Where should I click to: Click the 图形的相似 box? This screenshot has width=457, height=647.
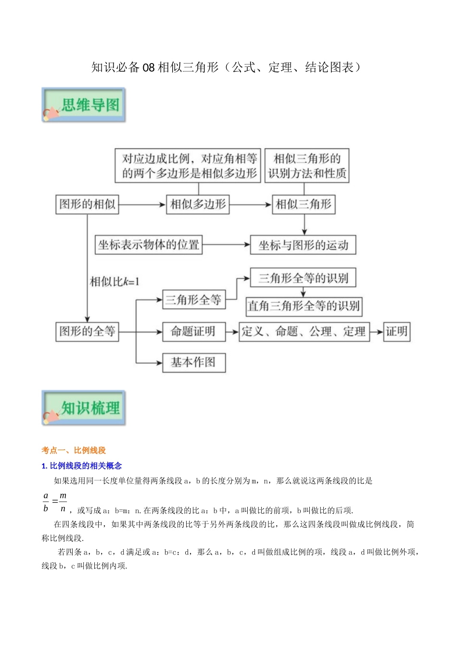pos(87,204)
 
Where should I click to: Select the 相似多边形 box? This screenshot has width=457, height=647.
pos(198,204)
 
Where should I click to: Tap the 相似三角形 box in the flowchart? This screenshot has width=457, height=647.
pos(304,204)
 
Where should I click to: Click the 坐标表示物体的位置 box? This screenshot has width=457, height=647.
pos(148,245)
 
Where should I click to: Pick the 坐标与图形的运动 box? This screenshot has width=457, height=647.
pos(303,245)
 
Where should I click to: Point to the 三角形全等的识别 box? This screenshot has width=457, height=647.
pos(303,278)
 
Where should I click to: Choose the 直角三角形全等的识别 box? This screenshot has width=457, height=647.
pos(303,306)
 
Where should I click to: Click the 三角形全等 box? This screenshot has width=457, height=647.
pos(193,300)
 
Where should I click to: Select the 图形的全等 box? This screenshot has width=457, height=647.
pos(87,331)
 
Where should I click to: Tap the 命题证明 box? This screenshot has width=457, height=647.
pos(193,331)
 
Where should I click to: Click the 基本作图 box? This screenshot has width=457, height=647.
pos(193,362)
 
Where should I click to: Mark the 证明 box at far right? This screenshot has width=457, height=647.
pos(396,331)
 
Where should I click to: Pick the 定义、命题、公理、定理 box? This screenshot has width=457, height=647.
pos(304,331)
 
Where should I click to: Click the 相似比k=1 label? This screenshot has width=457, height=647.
pos(114,281)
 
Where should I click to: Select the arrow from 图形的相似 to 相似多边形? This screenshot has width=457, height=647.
pos(142,205)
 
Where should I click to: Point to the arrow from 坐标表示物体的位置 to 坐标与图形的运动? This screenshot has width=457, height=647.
pos(226,245)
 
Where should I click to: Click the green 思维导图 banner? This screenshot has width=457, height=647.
pos(84,104)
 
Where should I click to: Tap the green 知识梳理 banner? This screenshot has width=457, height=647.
pos(84,408)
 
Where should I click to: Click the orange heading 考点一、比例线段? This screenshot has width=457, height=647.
pos(74,450)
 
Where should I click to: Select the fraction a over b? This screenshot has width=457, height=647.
pos(46,502)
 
